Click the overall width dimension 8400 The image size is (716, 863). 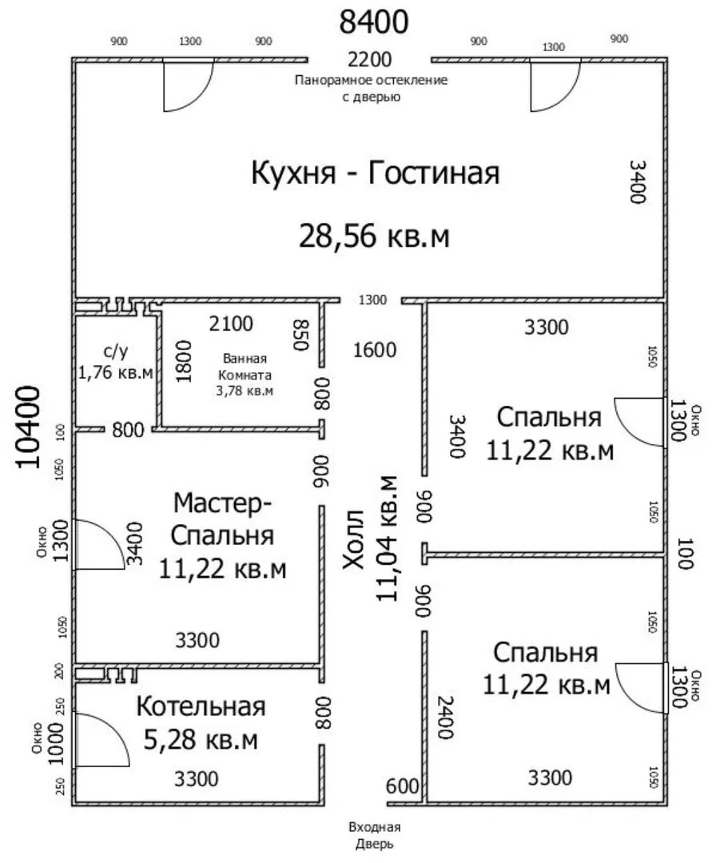(374, 22)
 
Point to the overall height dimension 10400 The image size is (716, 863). (28, 427)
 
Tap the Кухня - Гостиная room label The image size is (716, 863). (376, 173)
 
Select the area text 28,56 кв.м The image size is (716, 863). (374, 236)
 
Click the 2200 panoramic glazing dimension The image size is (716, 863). (370, 59)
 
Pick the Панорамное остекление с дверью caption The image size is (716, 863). (371, 89)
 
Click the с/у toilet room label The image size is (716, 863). (116, 351)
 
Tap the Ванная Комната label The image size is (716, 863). (245, 367)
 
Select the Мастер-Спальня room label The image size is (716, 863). (222, 519)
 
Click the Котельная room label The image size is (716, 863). (201, 706)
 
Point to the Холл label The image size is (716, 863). (353, 539)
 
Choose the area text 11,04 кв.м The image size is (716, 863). (386, 539)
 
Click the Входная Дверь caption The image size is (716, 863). (374, 836)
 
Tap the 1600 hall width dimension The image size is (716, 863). (374, 350)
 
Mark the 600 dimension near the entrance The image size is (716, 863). (402, 786)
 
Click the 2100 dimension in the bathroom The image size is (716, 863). (231, 324)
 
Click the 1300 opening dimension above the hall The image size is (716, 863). (372, 300)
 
